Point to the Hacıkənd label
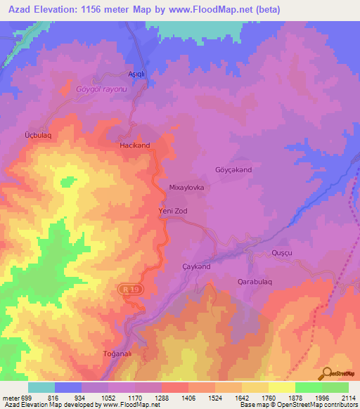tap(134, 145)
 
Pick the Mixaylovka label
tap(186, 188)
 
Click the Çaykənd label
tap(196, 266)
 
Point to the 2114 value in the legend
tap(348, 396)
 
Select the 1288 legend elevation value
tap(161, 396)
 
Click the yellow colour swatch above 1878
tap(281, 387)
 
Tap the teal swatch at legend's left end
tap(41, 387)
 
